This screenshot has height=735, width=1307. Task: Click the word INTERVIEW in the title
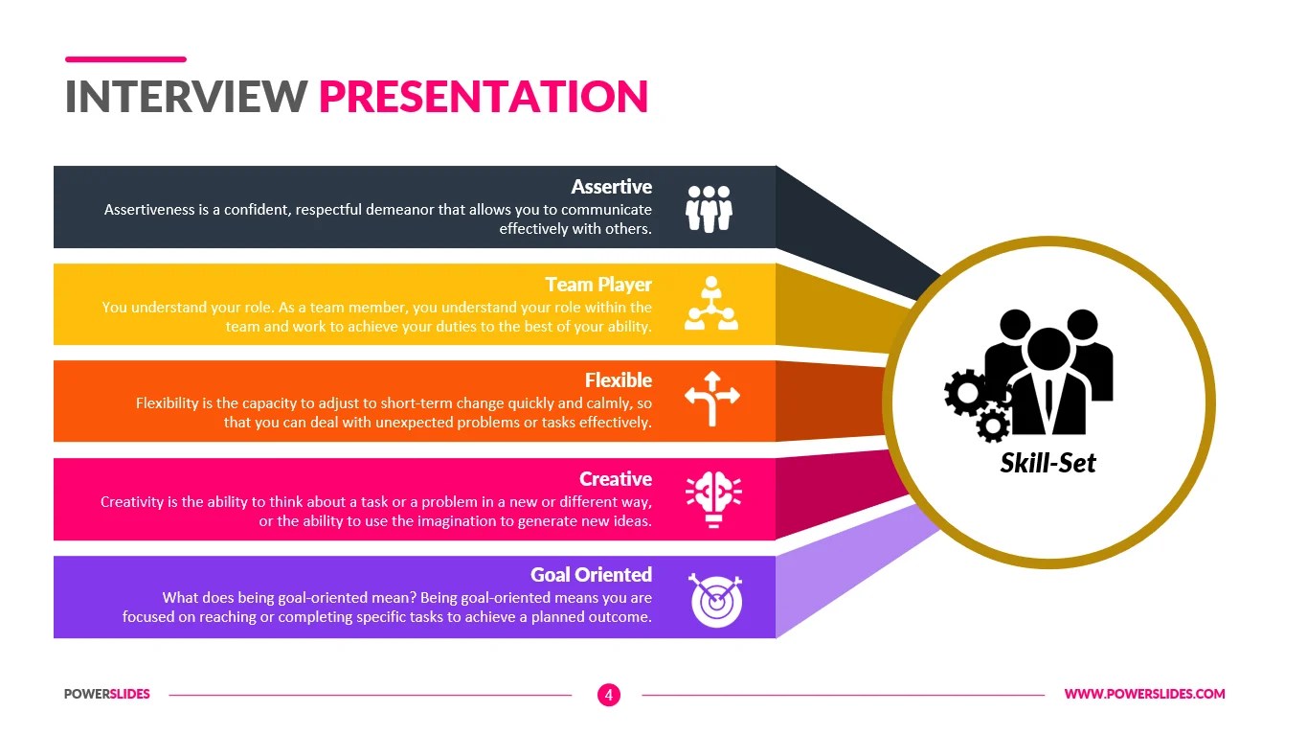[x=186, y=97]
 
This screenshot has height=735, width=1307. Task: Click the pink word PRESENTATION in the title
[x=484, y=97]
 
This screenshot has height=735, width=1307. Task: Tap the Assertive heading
[x=611, y=187]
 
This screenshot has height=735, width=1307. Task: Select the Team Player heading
[x=598, y=285]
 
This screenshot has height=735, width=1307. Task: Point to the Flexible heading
[x=618, y=380]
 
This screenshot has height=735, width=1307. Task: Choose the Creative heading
[x=615, y=479]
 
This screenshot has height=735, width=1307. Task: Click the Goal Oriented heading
[x=591, y=575]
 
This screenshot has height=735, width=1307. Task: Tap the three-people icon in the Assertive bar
[x=709, y=208]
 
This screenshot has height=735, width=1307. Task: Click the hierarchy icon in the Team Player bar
[x=710, y=305]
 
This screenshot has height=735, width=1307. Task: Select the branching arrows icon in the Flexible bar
[x=712, y=398]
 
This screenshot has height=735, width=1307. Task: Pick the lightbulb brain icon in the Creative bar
[x=713, y=499]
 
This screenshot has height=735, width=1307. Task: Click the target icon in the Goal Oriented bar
[x=716, y=600]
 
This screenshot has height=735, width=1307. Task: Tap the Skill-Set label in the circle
[x=1048, y=464]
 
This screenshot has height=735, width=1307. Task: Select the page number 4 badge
[x=608, y=695]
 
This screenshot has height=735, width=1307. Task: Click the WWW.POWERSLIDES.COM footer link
[x=1144, y=695]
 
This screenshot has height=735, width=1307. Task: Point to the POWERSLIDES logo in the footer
[x=107, y=695]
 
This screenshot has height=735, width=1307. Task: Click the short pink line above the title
[x=125, y=59]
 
